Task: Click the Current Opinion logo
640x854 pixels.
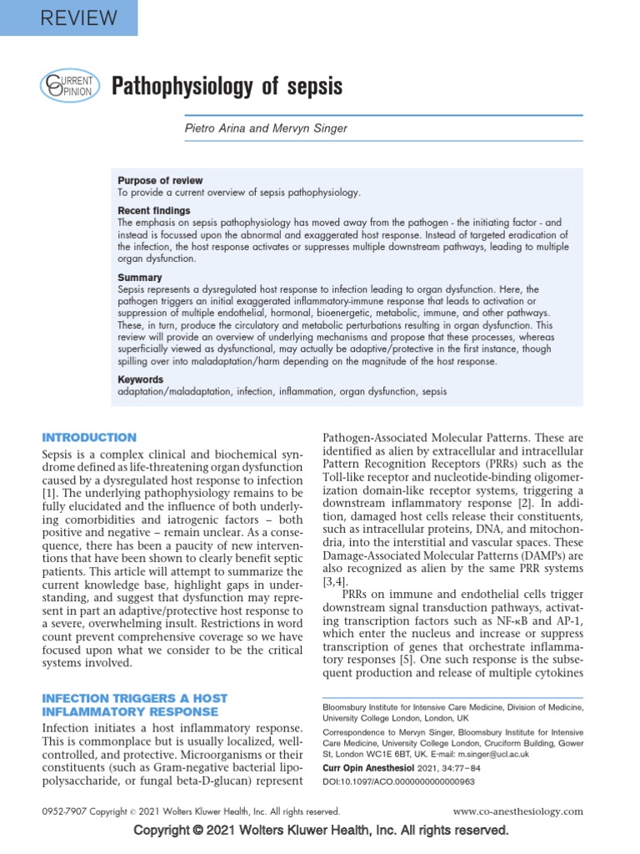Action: click(x=70, y=86)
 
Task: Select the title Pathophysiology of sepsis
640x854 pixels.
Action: click(x=227, y=86)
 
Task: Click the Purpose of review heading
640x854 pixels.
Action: click(x=160, y=181)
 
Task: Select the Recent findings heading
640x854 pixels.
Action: click(x=154, y=211)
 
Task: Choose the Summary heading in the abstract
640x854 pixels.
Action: click(x=140, y=277)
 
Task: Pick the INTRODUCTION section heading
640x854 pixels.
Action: click(x=89, y=437)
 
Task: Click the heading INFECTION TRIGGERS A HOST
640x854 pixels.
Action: click(x=134, y=697)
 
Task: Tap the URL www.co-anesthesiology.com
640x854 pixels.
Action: click(x=518, y=811)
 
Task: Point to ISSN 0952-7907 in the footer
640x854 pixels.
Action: click(x=62, y=811)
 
